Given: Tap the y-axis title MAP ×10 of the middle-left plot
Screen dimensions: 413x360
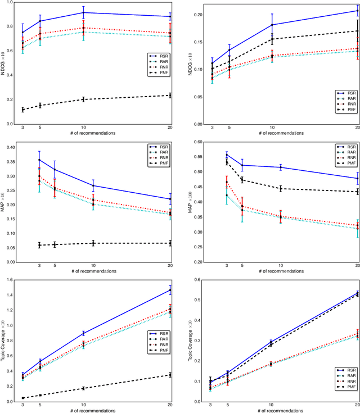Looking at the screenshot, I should [4, 202].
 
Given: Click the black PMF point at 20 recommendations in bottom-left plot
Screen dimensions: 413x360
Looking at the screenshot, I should [170, 391].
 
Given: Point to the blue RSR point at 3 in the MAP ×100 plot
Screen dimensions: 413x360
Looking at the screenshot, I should [227, 154].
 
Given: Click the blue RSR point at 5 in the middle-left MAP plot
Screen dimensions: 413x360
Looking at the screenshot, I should [55, 169].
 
